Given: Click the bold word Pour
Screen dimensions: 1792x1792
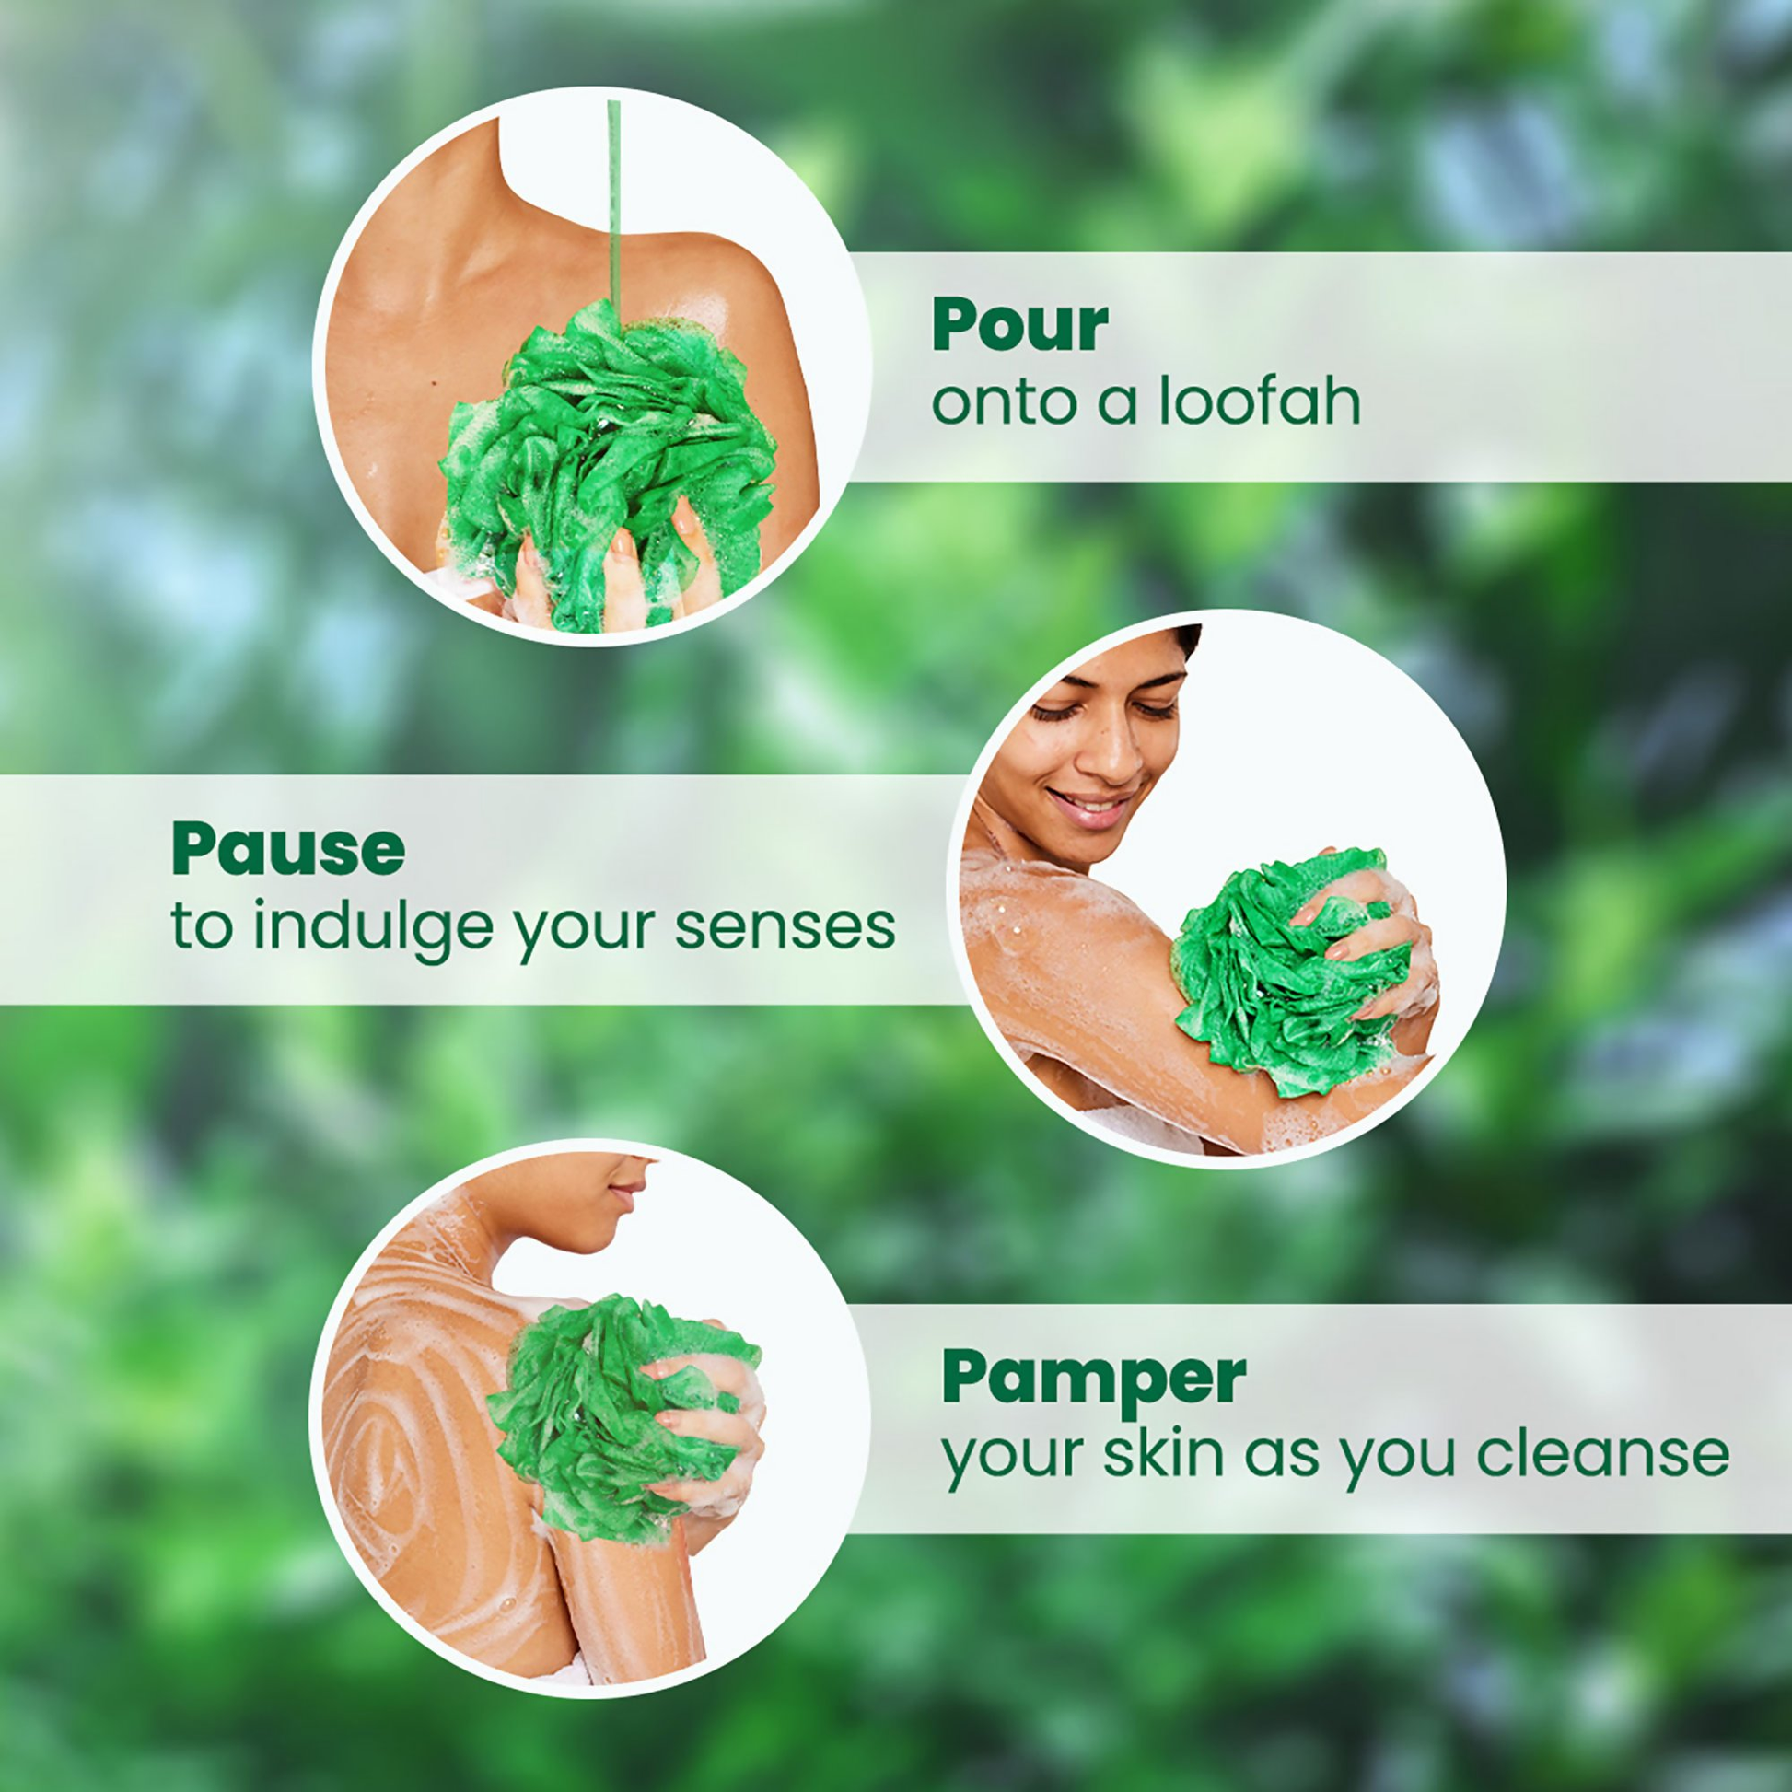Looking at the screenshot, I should (1019, 326).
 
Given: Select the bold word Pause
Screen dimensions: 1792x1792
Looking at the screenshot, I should (287, 849).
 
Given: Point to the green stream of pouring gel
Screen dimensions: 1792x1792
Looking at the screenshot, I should (613, 204).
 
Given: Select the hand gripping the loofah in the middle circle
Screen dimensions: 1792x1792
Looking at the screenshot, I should (1373, 927).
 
